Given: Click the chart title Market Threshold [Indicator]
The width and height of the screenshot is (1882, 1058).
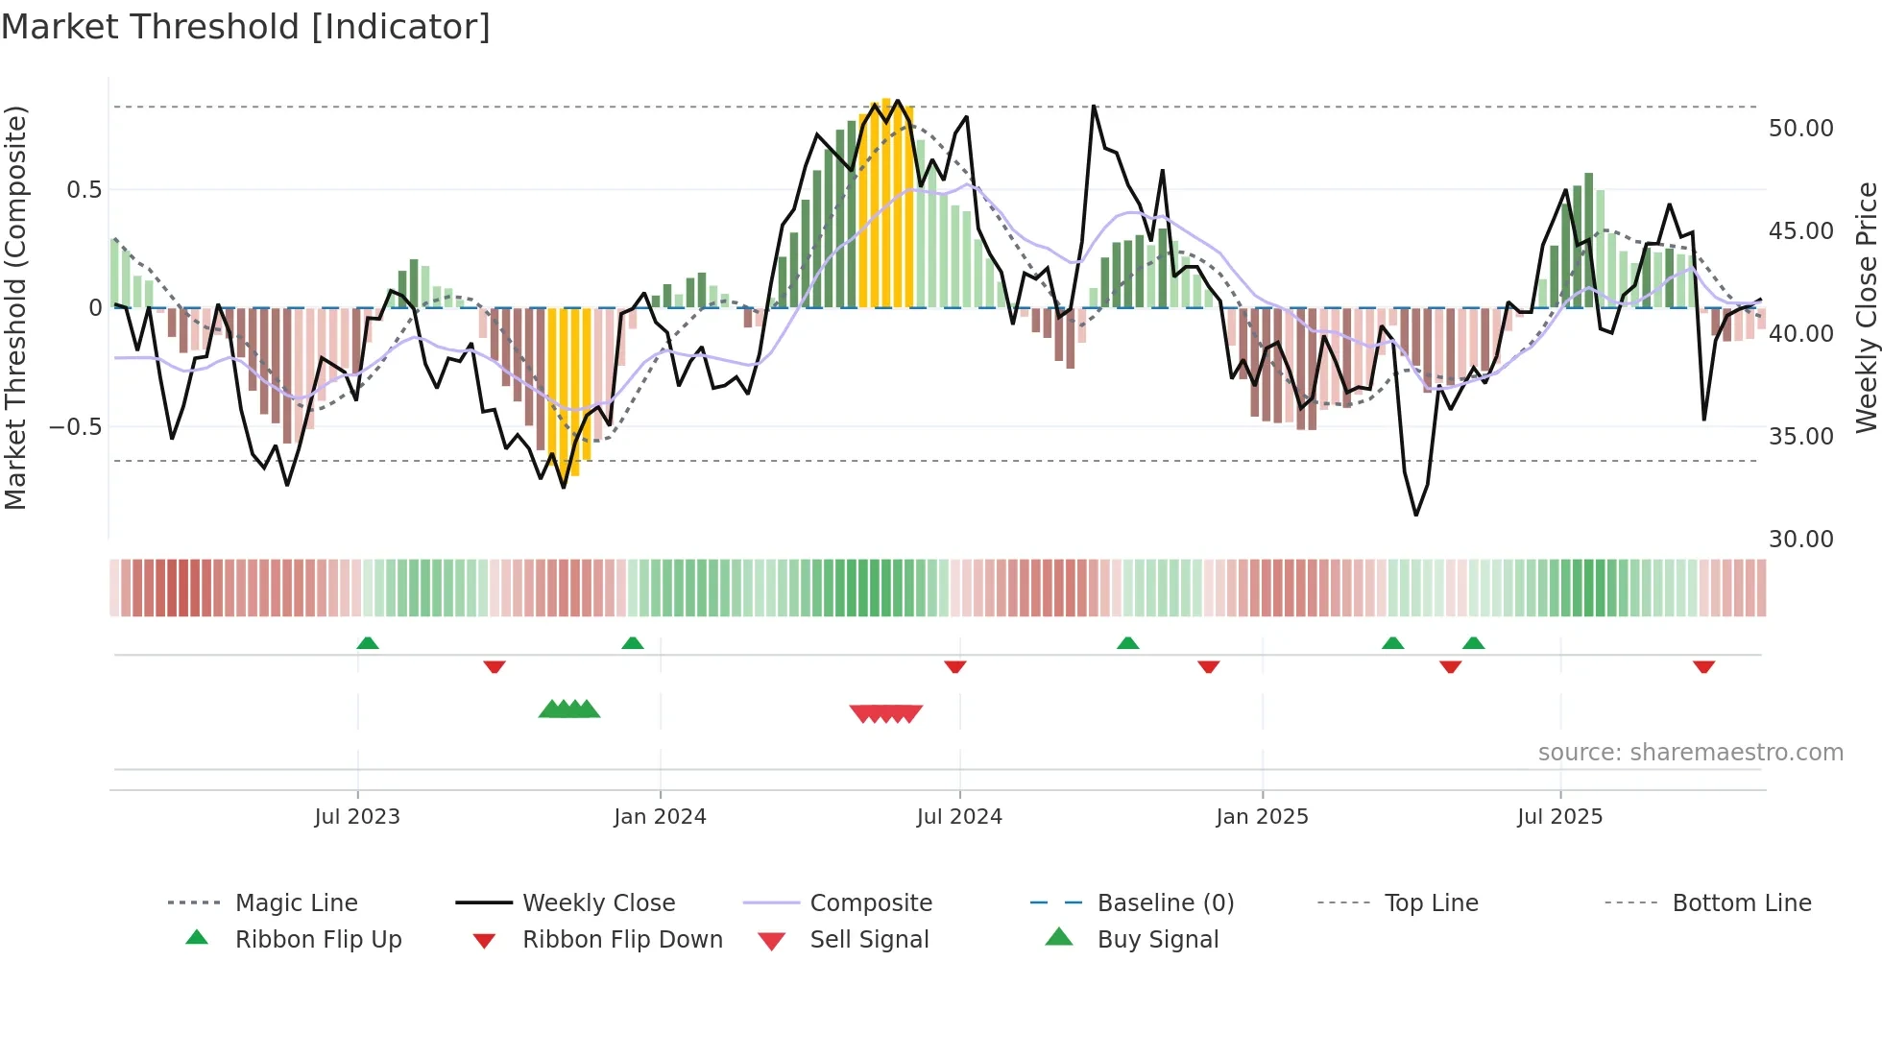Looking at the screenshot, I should tap(246, 27).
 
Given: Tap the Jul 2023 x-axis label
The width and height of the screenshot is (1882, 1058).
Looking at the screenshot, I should tap(357, 817).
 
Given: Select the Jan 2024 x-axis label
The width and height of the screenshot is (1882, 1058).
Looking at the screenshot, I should tap(660, 817).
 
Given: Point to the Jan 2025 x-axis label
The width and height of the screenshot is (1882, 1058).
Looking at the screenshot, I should tap(1262, 817).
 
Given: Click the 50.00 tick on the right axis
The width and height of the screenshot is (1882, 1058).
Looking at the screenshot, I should tap(1800, 129).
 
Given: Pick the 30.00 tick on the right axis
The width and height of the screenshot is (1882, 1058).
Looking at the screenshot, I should tap(1800, 540).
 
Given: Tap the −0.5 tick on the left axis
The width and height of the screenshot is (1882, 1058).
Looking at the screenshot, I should tap(75, 426).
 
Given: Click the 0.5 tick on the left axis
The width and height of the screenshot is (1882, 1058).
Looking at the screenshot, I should tap(84, 190).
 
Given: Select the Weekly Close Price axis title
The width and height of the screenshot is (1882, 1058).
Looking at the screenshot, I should tap(1866, 307).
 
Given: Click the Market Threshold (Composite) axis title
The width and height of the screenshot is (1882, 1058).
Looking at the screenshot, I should tap(15, 307).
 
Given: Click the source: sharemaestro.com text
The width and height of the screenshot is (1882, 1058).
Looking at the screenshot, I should tap(1690, 753).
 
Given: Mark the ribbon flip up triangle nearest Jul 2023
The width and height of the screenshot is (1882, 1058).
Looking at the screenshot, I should tap(368, 643).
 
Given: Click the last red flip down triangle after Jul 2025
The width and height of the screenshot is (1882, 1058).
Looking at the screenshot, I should tap(1703, 666).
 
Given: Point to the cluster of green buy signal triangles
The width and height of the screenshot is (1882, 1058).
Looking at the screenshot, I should tap(569, 709).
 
